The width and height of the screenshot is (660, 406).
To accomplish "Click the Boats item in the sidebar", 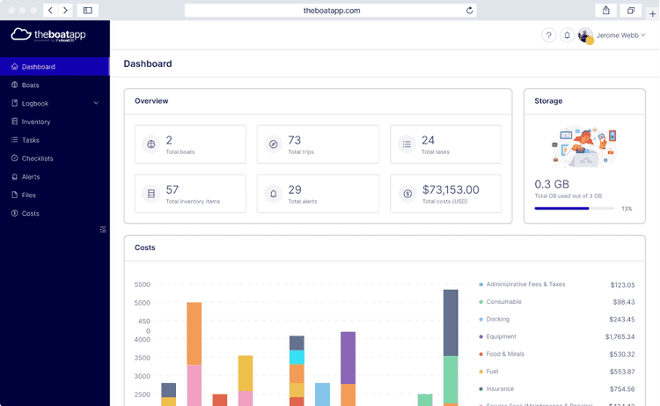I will pos(30,85).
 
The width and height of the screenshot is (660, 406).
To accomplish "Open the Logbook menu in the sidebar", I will pos(35,104).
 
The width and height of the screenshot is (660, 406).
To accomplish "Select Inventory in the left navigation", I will pos(35,122).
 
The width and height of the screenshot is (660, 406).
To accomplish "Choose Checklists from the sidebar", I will pos(37,159).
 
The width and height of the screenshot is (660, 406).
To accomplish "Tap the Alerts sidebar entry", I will pos(31,177).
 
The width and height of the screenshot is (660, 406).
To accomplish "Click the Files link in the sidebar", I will pos(29,196).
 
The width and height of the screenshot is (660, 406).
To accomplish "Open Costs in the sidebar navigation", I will pos(30,214).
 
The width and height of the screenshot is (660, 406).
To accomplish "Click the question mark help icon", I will pos(549,35).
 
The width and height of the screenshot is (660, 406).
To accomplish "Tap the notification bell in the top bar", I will pos(567,35).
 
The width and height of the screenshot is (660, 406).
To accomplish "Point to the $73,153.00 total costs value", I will pos(451,189).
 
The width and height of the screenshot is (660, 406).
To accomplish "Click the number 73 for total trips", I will pos(295,140).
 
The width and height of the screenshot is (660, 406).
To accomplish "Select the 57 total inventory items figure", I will pos(172,189).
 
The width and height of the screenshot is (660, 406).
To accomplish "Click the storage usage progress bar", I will pos(574,209).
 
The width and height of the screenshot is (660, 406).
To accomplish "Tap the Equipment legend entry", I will pos(501,336).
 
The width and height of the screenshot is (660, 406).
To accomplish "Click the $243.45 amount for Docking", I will pos(621,320).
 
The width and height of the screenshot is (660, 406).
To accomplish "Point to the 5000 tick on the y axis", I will pos(143,303).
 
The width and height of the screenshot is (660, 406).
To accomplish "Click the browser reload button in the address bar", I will pos(470,11).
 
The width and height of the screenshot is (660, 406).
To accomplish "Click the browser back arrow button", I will pos(50,11).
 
